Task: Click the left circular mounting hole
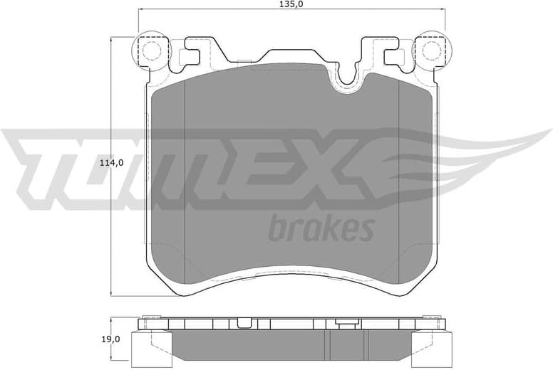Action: tap(151, 50)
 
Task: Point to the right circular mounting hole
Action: tap(430, 50)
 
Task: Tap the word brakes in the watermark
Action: tap(321, 229)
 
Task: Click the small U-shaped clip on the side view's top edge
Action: tap(346, 323)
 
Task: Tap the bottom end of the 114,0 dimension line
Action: tap(115, 295)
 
